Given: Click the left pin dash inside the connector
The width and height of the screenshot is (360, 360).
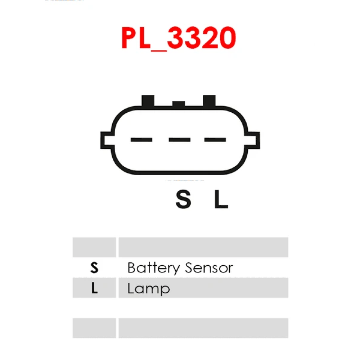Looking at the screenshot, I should (x=141, y=139).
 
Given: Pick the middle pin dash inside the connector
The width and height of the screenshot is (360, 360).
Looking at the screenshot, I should (x=180, y=139).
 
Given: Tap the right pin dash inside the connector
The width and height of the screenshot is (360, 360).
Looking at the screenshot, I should (x=215, y=139).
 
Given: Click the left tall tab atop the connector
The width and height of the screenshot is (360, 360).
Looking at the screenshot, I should (x=148, y=101).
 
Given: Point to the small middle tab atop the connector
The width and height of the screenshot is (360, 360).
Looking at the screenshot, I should (x=179, y=104).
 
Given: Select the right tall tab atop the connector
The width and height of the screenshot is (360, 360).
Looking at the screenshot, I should (x=209, y=101).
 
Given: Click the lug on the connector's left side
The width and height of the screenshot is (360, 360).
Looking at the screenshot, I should (x=106, y=140).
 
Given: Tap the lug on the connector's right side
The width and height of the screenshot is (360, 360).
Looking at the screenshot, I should (x=253, y=140).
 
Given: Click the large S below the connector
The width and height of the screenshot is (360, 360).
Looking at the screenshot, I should (x=183, y=200).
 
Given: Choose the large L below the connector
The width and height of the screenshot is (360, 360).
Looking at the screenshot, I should (x=221, y=200).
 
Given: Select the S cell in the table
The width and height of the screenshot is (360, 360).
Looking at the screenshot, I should (x=94, y=268).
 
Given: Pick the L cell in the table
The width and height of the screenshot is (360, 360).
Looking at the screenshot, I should (x=94, y=288).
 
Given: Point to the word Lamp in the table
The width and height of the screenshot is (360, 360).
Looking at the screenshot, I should (x=148, y=289).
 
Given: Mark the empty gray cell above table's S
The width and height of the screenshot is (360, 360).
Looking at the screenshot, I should (x=94, y=247).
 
